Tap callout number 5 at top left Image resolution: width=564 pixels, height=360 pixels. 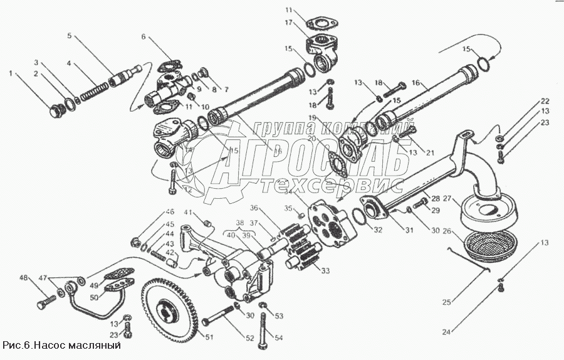69,36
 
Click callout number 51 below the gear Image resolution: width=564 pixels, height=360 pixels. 209,337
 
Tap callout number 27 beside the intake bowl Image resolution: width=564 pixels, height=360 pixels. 447,199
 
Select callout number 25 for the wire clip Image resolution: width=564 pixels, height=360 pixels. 447,302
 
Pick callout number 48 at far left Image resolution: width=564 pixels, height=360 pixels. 24,278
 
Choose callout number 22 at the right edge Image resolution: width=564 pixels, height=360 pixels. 545,101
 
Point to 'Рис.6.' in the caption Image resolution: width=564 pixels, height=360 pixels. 17,345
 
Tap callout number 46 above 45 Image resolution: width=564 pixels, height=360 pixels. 170,211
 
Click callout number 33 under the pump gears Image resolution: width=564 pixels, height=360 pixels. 325,271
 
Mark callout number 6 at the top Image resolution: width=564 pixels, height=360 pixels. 144,37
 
